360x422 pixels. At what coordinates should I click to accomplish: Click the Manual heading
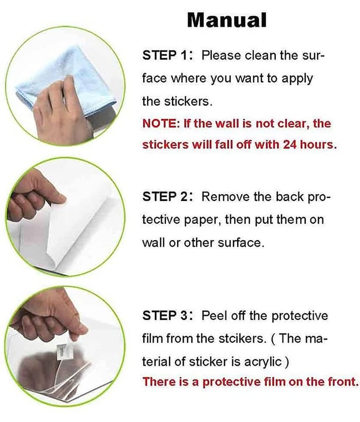(227, 20)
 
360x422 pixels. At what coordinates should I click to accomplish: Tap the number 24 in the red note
(290, 145)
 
